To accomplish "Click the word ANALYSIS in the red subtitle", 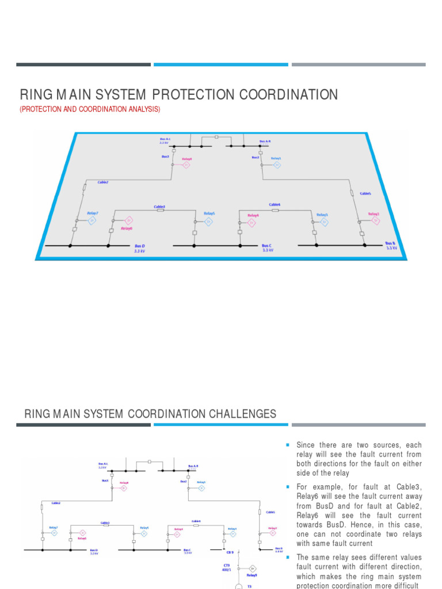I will click(x=141, y=109).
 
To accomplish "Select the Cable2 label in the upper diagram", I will click(x=102, y=182).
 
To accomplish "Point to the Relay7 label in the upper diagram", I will click(x=93, y=213).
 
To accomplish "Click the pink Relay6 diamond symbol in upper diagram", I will click(x=128, y=220).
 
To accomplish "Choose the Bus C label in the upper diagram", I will click(x=266, y=246).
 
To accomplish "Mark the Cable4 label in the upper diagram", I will click(x=275, y=204).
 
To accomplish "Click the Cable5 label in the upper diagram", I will click(x=365, y=194).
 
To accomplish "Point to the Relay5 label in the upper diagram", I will click(x=209, y=213).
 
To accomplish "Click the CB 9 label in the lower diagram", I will click(x=230, y=552).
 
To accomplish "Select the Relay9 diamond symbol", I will click(x=252, y=568).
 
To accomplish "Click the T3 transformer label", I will click(x=249, y=586).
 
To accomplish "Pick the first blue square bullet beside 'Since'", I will click(x=287, y=445).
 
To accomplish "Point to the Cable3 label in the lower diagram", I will click(x=105, y=523).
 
